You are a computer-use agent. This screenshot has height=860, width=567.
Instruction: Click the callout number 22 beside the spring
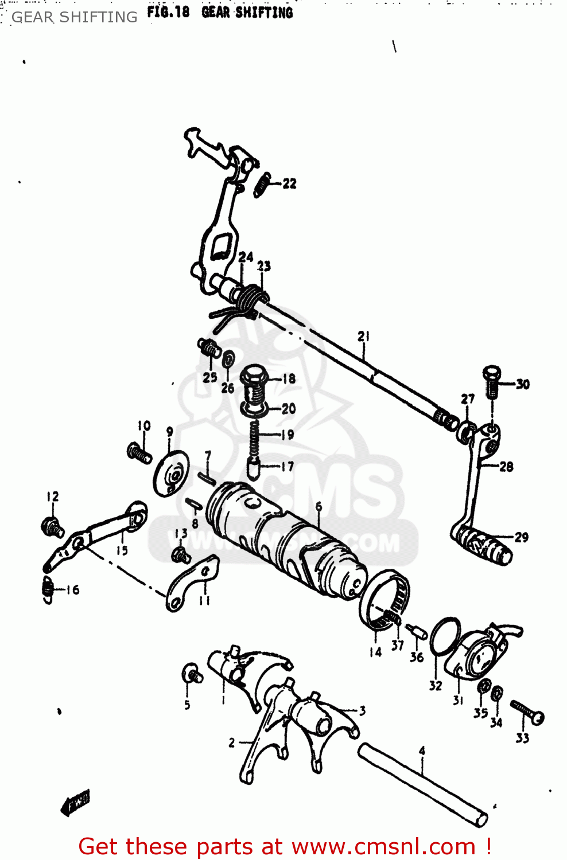(x=289, y=183)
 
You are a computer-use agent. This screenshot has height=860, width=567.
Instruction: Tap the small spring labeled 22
(x=262, y=185)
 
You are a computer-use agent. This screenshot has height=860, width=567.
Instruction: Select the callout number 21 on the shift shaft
(x=364, y=337)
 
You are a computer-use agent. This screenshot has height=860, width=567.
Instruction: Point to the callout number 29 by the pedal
(x=521, y=537)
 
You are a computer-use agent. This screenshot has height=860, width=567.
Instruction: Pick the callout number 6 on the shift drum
(x=319, y=506)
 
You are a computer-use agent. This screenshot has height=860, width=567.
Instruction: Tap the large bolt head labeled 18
(x=254, y=377)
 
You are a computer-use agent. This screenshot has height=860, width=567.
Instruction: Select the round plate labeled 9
(x=170, y=473)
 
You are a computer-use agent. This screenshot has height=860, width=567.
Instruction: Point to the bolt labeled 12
(x=52, y=526)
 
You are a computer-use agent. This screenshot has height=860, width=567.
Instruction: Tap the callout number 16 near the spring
(x=72, y=590)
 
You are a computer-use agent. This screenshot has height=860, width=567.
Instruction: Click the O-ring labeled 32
(x=445, y=636)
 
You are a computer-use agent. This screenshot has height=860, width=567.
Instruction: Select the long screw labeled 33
(x=527, y=712)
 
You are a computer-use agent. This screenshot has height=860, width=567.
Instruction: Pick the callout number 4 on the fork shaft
(x=422, y=750)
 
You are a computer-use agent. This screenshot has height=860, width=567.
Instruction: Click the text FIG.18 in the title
(x=168, y=12)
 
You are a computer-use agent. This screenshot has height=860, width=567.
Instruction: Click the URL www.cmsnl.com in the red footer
(x=383, y=846)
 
